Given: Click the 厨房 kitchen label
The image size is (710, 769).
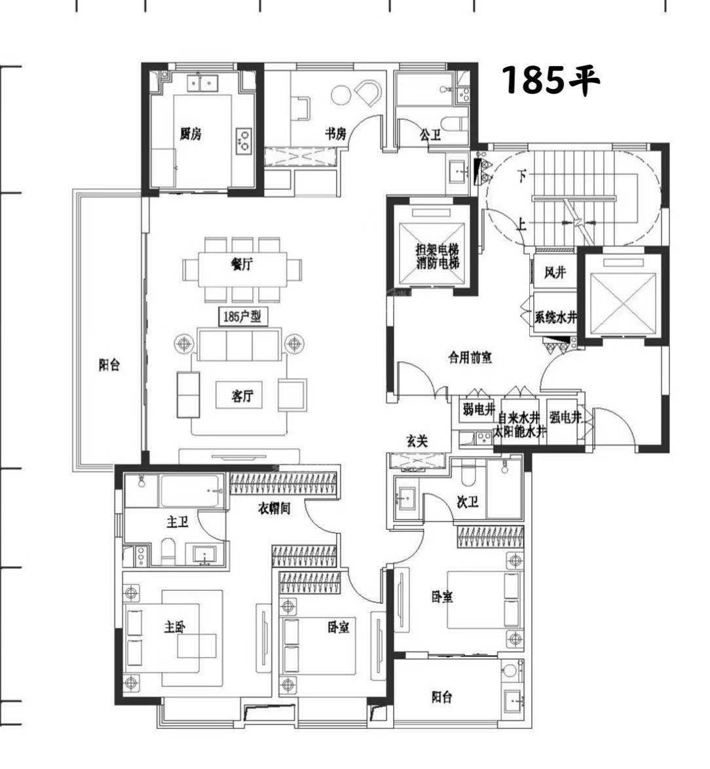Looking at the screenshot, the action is pos(190,134).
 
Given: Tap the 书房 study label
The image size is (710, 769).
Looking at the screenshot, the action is pos(335,133).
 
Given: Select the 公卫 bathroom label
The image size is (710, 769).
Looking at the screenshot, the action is pos(430,134).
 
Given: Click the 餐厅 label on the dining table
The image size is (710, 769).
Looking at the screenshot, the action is pos(242,265).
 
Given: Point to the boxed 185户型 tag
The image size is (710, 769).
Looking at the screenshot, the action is pos(242,316).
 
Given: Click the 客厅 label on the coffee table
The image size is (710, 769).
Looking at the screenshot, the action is pos(242,396).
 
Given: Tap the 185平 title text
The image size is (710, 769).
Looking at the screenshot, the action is pos(551,80).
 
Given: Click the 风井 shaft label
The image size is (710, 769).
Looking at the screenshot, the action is pos(555,272).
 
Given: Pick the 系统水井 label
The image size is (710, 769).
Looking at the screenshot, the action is pos(555,317).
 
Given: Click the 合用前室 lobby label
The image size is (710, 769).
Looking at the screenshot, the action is pos(470,358).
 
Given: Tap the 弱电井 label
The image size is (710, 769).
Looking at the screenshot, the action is pos(479,409).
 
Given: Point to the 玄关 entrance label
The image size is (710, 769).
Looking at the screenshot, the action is pos(417,441).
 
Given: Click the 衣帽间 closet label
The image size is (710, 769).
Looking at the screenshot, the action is pos(274,508).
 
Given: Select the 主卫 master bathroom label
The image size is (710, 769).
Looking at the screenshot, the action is pos(177,522).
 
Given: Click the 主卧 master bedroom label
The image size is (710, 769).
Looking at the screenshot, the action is pos(175,627).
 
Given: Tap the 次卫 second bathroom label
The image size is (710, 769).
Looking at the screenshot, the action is pos(467,502).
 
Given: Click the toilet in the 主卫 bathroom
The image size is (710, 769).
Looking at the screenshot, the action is pos(168,552).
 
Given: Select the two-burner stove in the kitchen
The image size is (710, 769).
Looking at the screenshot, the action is pos(244,139).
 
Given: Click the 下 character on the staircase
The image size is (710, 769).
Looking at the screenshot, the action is pos(523,175).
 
